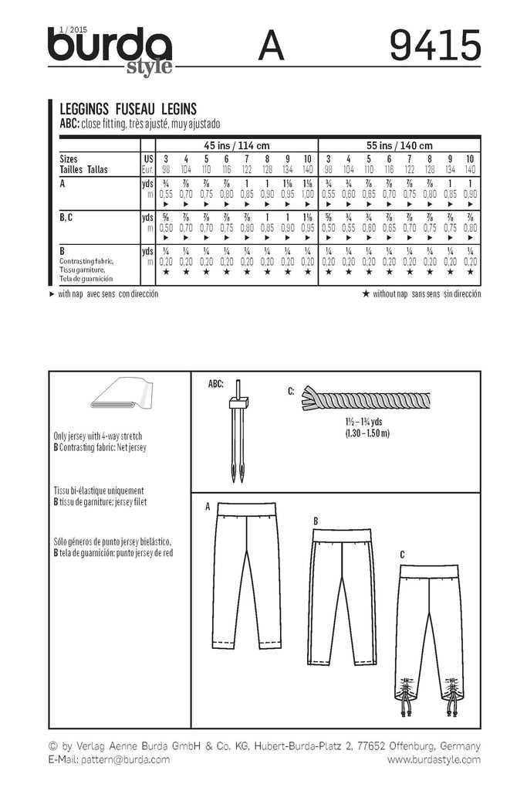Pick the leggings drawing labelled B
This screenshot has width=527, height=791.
tap(340, 592)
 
